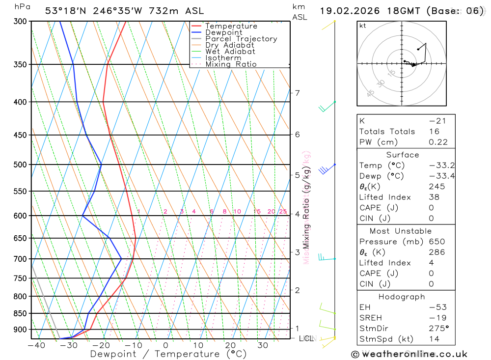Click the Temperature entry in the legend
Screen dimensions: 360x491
pyautogui.click(x=231, y=26)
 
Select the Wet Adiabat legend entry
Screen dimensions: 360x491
pyautogui.click(x=230, y=52)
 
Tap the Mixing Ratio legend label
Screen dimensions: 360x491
pyautogui.click(x=231, y=64)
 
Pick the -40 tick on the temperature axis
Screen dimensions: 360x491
pyautogui.click(x=36, y=345)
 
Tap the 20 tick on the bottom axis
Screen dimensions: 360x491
pyautogui.click(x=230, y=345)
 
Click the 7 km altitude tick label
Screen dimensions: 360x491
pyautogui.click(x=297, y=93)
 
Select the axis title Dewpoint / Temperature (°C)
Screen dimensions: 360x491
pyautogui.click(x=168, y=354)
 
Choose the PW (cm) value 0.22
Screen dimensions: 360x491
pyautogui.click(x=438, y=142)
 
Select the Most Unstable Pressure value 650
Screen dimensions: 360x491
pyautogui.click(x=437, y=242)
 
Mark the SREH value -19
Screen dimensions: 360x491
pyautogui.click(x=437, y=318)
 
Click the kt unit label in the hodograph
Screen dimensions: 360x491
pyautogui.click(x=363, y=26)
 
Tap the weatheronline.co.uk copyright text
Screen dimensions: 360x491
pyautogui.click(x=409, y=354)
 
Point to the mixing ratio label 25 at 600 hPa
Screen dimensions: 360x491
pyautogui.click(x=283, y=212)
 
